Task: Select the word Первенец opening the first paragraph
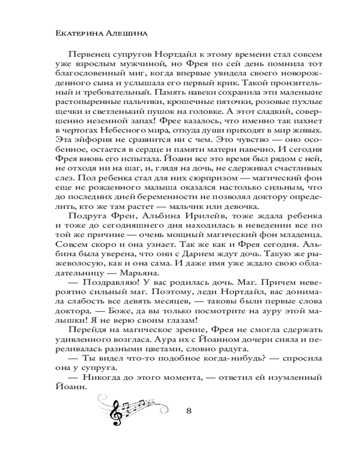90,55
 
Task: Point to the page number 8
189,411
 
